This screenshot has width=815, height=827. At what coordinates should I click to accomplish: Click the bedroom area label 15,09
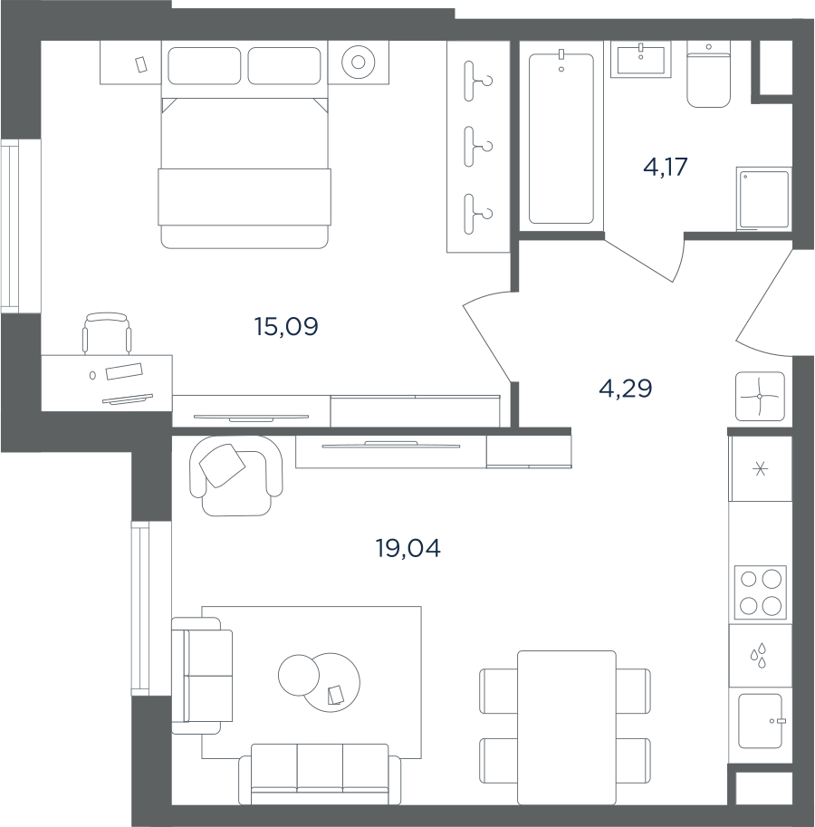tap(286, 327)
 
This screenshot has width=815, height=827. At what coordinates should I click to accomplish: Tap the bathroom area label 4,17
tap(666, 168)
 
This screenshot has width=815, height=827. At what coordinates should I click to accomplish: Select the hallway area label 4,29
tap(626, 389)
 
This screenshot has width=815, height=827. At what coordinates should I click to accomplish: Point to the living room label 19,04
tap(408, 549)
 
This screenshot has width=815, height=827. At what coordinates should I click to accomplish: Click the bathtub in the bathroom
tap(561, 139)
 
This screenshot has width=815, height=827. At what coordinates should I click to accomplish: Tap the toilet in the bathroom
tap(708, 75)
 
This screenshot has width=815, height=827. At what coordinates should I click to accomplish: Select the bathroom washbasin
tap(640, 60)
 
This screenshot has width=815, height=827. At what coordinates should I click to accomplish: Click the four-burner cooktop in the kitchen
tap(760, 592)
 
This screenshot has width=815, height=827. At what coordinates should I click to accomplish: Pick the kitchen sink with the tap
tap(760, 721)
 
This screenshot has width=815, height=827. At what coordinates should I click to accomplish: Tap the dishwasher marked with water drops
tap(760, 656)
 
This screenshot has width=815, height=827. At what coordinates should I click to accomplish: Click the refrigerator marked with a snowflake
tap(760, 468)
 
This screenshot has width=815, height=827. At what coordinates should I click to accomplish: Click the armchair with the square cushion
tap(235, 476)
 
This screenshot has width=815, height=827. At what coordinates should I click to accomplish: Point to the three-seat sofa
tap(320, 774)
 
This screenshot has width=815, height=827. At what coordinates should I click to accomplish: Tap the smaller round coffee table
tap(299, 675)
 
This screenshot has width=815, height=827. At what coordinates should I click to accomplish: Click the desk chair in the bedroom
tap(107, 333)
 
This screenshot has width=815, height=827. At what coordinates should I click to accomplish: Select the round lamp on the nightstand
tap(358, 63)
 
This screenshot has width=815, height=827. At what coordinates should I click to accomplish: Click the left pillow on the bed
tap(205, 65)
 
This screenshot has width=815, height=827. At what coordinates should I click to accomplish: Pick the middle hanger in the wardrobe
tap(477, 146)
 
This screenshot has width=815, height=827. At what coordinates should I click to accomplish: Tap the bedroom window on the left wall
tap(11, 226)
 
